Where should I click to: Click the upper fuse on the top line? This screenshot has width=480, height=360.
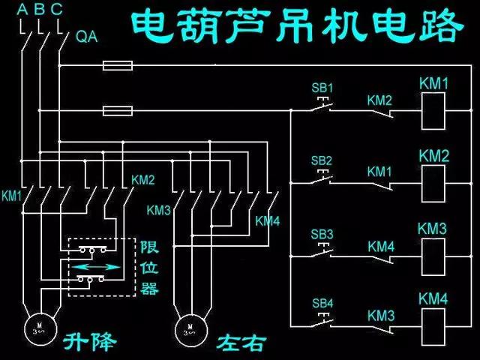118,67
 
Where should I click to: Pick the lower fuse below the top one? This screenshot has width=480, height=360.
118,111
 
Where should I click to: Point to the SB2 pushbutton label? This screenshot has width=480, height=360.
322,160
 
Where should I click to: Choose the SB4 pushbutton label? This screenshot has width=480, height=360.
322,302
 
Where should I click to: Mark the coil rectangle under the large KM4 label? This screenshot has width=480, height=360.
433,326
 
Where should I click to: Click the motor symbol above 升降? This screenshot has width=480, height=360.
38,328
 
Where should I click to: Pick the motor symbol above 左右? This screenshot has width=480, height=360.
191,328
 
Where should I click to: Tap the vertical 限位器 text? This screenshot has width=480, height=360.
149,267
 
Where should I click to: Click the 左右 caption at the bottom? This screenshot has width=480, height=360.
241,343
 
